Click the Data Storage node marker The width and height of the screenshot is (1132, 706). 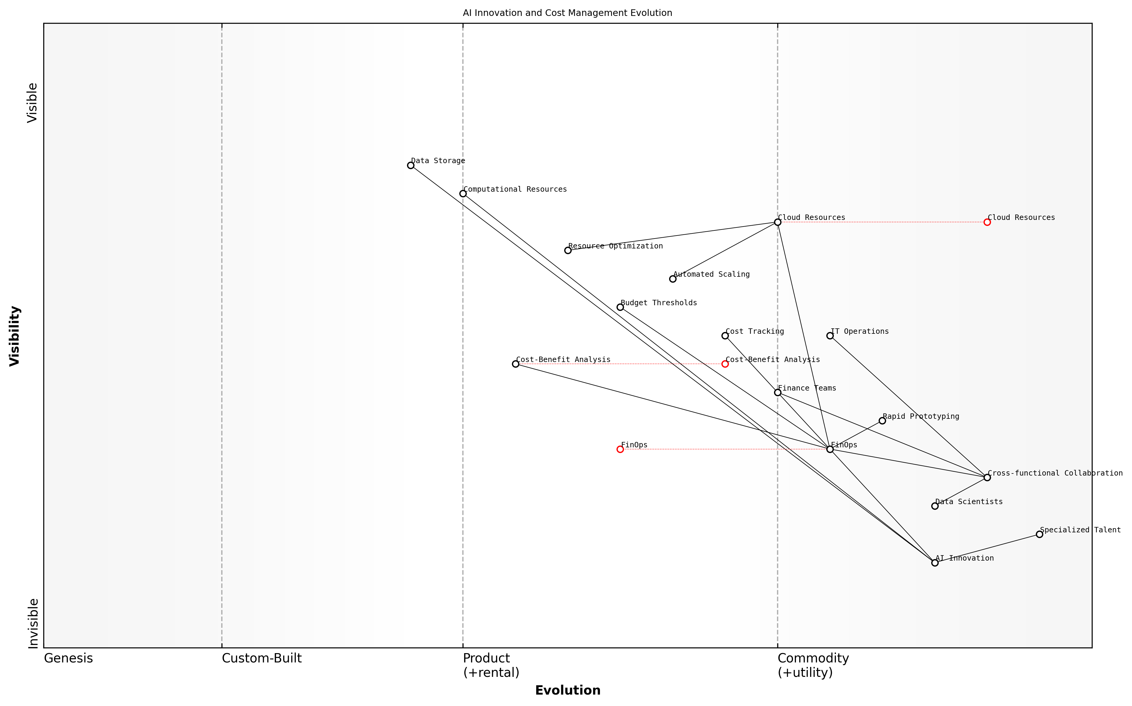411,165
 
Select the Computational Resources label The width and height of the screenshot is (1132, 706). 515,189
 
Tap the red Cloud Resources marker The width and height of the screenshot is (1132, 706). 987,222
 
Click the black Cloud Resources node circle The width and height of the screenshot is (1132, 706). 777,222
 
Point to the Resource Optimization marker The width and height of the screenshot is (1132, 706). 568,251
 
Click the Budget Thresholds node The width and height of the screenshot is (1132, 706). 620,307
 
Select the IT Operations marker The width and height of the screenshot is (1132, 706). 830,336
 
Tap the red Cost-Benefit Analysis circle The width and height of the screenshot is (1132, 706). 725,364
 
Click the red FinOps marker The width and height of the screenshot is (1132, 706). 620,449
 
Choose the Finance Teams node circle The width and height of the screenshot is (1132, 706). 777,393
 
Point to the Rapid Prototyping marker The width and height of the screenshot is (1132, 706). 882,421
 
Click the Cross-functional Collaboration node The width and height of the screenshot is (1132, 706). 987,478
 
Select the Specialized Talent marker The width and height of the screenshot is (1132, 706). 1039,534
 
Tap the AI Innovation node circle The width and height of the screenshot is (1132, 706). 935,563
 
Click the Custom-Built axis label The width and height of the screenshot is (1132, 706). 262,658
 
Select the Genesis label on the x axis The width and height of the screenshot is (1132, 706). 68,658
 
